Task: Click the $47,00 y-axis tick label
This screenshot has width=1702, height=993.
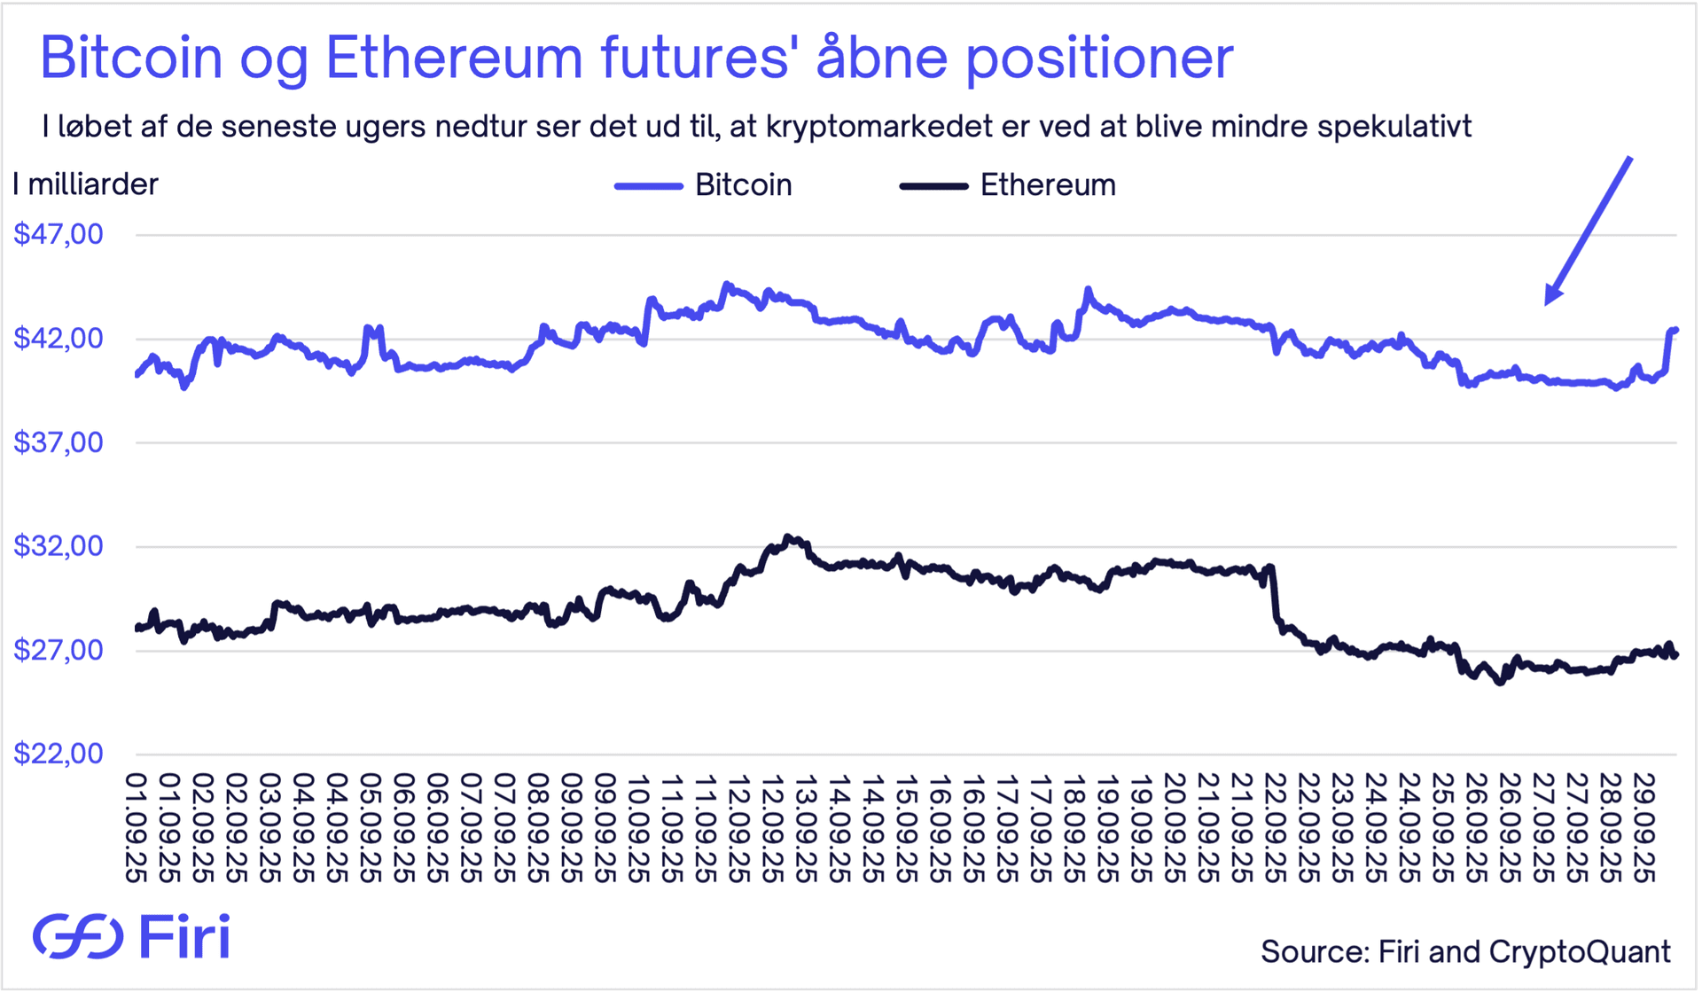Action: pos(59,235)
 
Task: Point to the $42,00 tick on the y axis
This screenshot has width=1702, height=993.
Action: pos(59,339)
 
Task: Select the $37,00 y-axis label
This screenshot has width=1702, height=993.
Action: pos(59,442)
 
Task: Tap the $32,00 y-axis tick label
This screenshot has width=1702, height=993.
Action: pos(59,546)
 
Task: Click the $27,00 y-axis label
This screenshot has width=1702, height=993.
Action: pos(59,651)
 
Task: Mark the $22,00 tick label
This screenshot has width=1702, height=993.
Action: pos(59,755)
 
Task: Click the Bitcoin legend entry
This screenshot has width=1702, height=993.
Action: pos(743,185)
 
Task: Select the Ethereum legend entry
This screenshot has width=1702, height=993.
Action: pos(1047,185)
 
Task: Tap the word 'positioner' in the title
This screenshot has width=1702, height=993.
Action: pos(1099,59)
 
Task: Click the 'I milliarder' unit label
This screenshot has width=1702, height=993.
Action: pos(85,184)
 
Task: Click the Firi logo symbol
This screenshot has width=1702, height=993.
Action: pos(78,936)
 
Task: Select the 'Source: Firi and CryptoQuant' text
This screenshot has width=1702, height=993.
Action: pos(1465,951)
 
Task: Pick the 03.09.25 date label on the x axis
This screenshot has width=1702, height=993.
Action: pos(269,828)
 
